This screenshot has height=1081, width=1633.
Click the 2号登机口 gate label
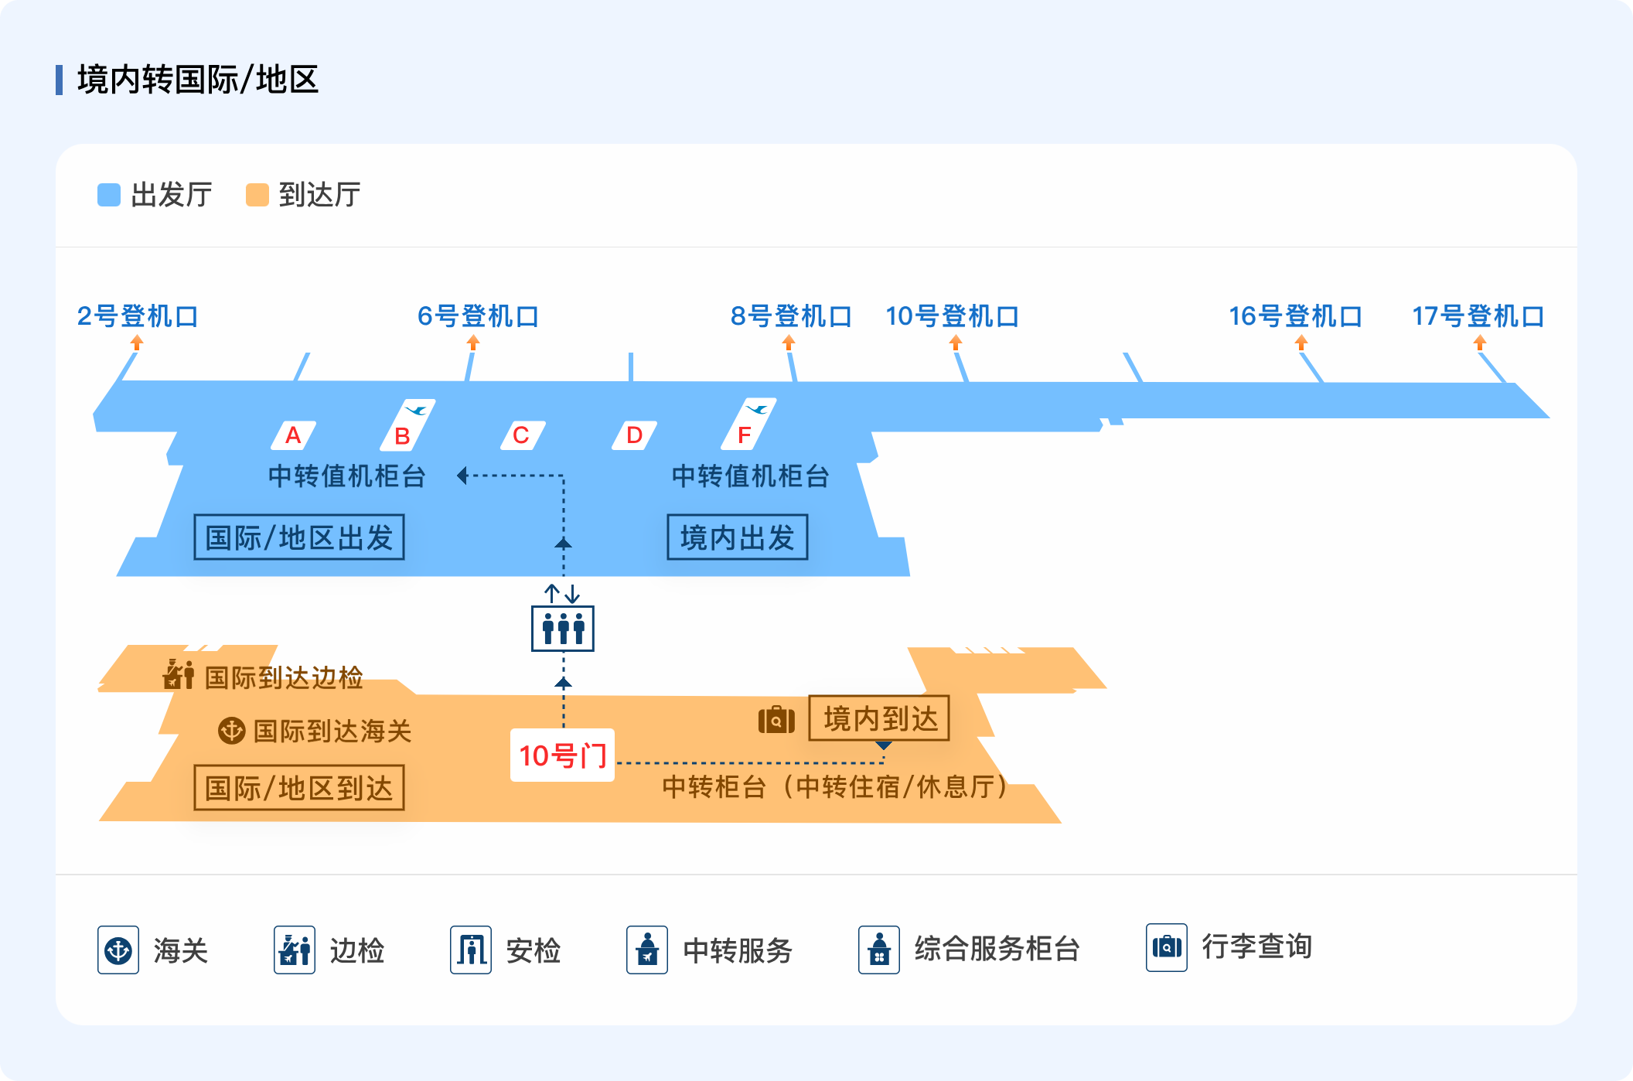[138, 316]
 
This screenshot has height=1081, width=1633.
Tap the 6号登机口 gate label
[478, 316]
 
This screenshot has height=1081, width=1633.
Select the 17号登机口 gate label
[1478, 316]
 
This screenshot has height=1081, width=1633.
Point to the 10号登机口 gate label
[952, 316]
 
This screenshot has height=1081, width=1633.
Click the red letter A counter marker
[293, 435]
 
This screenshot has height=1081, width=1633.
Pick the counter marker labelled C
[522, 435]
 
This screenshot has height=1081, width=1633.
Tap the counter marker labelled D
[634, 435]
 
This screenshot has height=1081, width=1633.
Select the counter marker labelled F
[748, 425]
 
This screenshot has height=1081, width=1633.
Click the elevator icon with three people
[563, 628]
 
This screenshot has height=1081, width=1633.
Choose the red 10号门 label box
[562, 755]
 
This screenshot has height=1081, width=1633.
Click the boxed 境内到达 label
[879, 718]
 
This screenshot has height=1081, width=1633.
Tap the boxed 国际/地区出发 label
[299, 537]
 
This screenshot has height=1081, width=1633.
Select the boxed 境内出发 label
[738, 537]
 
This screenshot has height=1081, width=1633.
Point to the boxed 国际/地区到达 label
[299, 788]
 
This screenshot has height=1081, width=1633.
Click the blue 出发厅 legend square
[109, 195]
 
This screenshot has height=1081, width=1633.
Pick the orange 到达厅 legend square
[257, 195]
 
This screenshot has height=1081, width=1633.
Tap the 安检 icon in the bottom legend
[471, 950]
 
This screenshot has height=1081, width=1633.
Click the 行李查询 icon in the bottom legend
[1167, 947]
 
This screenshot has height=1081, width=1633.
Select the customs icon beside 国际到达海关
[231, 730]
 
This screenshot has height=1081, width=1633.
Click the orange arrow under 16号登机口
[1301, 343]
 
